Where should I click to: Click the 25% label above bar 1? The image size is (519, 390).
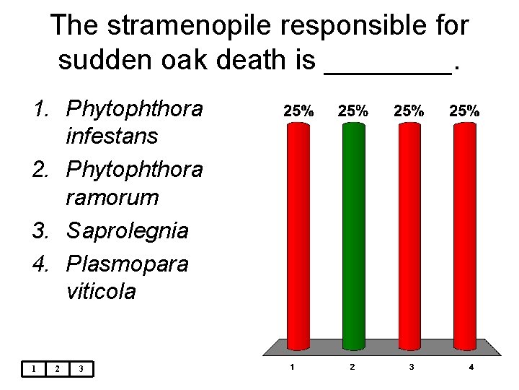pyautogui.click(x=298, y=111)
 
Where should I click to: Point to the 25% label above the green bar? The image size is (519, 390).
pyautogui.click(x=352, y=111)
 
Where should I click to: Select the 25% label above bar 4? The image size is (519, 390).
pyautogui.click(x=464, y=111)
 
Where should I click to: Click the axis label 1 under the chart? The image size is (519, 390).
pyautogui.click(x=291, y=368)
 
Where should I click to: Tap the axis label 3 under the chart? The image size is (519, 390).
pyautogui.click(x=412, y=368)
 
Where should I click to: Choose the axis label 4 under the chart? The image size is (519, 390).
pyautogui.click(x=471, y=368)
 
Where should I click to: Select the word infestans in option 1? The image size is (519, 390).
pyautogui.click(x=112, y=136)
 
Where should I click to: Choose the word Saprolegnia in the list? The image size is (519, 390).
pyautogui.click(x=127, y=231)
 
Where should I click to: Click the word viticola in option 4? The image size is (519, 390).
pyautogui.click(x=100, y=291)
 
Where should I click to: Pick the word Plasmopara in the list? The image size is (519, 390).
pyautogui.click(x=127, y=264)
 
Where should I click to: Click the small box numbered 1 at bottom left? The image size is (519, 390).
pyautogui.click(x=33, y=369)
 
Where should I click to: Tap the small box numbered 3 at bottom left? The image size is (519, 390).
pyautogui.click(x=81, y=369)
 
